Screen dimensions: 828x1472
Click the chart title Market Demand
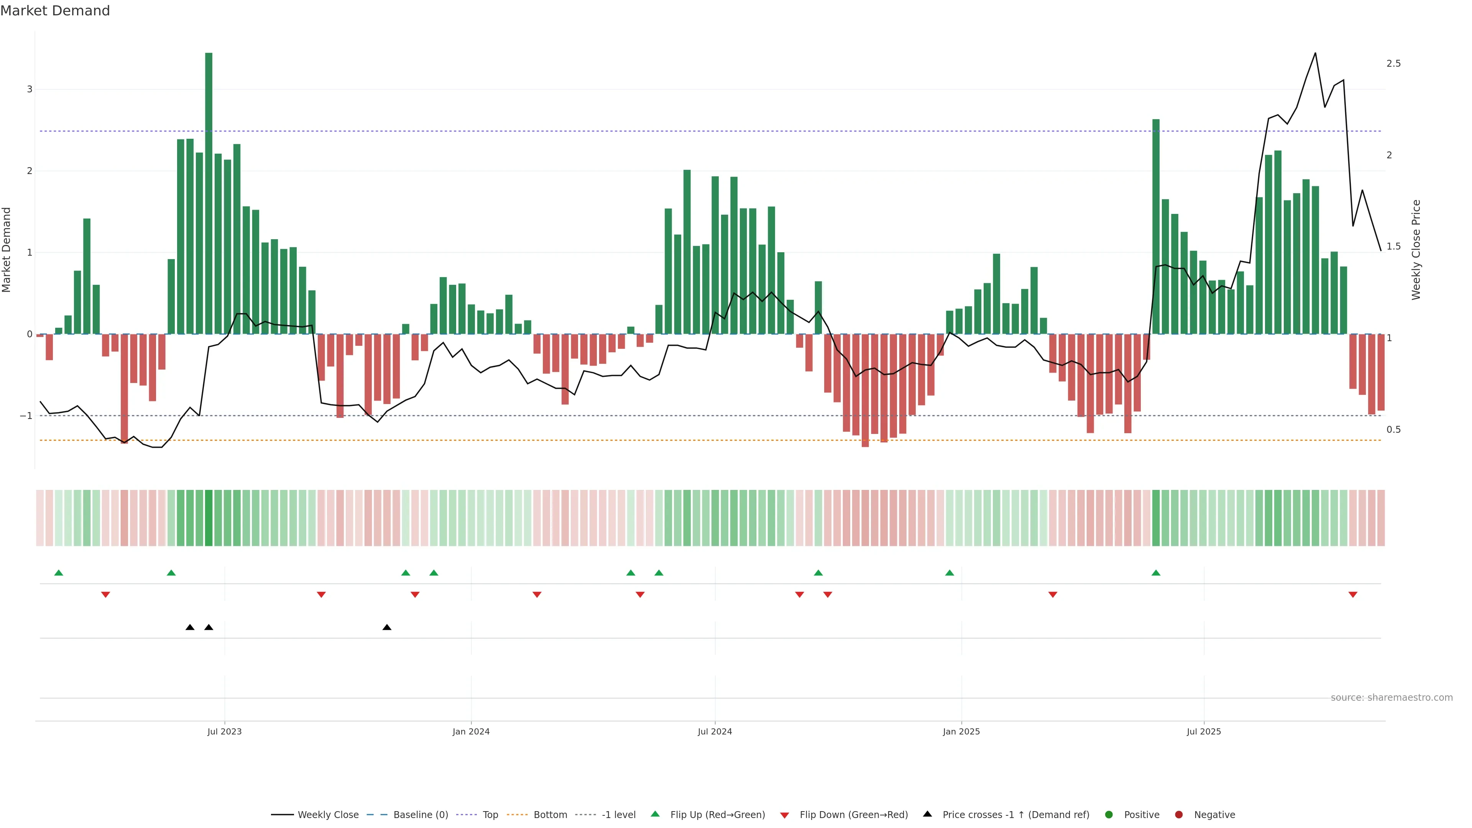[x=55, y=11]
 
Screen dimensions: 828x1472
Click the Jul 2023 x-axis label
[x=225, y=731]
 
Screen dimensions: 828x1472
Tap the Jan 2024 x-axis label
[x=471, y=731]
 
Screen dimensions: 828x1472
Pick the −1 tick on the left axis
[x=26, y=416]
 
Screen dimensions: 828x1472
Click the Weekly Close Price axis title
[x=1416, y=250]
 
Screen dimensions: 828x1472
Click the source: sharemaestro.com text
[x=1391, y=698]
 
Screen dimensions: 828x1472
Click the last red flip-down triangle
[x=1352, y=595]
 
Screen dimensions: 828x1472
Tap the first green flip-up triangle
[x=58, y=573]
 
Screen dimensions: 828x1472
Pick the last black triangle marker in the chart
[x=387, y=628]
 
